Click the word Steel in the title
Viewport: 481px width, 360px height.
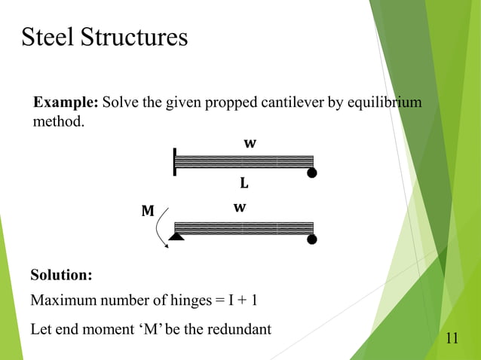tap(47, 37)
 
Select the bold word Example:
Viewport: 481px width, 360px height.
tap(65, 102)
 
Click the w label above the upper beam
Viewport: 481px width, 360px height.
tap(248, 142)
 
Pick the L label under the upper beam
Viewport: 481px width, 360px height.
tap(244, 183)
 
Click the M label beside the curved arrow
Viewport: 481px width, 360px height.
tap(148, 212)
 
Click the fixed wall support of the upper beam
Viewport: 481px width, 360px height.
tap(175, 161)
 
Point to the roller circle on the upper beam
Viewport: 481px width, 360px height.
tap(311, 173)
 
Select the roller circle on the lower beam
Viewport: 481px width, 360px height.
tap(311, 239)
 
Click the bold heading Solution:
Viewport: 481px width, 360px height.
tap(61, 274)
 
